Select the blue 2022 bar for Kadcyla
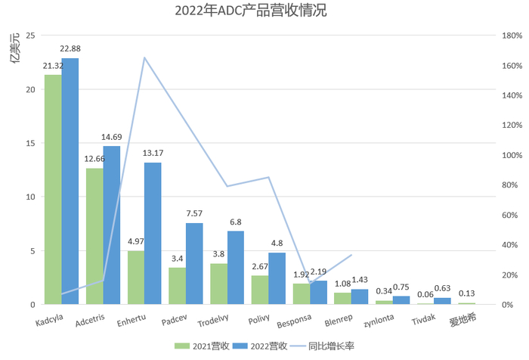point(70,182)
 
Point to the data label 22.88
point(70,49)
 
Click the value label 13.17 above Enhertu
point(153,154)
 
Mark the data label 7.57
point(194,214)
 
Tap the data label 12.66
point(95,159)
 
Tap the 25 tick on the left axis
point(30,36)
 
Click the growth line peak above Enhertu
point(144,57)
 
